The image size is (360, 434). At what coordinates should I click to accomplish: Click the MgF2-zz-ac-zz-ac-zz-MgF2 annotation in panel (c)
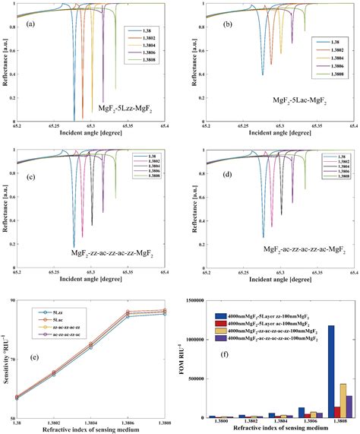pyautogui.click(x=118, y=249)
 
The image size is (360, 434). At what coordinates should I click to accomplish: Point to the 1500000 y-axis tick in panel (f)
pyautogui.click(x=204, y=301)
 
